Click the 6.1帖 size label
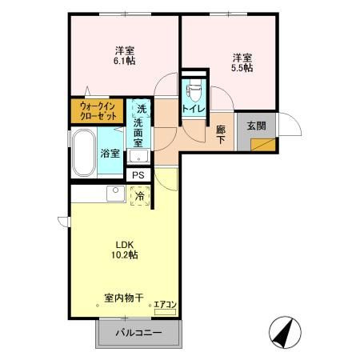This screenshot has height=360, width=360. (125, 61)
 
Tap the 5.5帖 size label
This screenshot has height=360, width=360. (242, 68)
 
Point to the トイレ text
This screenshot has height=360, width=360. (194, 109)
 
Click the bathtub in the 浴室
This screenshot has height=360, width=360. (84, 153)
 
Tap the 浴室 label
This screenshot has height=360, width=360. (110, 154)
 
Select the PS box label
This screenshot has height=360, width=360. (138, 175)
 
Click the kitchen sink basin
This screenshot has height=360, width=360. (116, 194)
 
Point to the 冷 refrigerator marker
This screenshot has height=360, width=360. (140, 196)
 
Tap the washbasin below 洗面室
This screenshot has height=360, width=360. (138, 156)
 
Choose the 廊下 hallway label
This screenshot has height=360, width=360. (221, 134)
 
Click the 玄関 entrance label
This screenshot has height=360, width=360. (257, 126)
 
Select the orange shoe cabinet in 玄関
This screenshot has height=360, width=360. (263, 145)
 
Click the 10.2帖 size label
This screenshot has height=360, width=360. (125, 255)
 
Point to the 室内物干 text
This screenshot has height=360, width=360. (124, 298)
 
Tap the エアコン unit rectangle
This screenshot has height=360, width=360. (165, 312)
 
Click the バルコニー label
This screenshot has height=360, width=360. (138, 333)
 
